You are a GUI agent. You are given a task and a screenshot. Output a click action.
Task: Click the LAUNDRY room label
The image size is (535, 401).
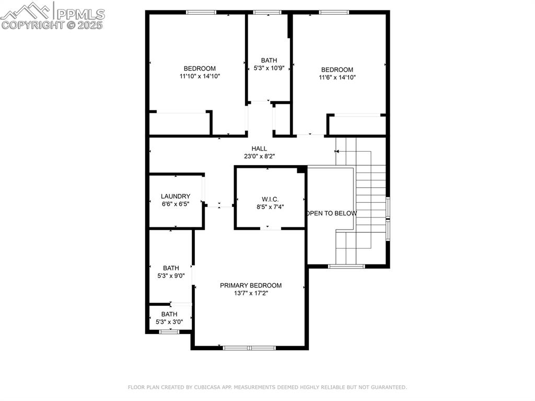[x=176, y=197]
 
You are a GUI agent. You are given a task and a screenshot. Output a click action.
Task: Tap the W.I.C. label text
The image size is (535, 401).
[x=270, y=199]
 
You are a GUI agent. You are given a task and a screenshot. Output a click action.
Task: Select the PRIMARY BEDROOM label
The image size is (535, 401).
[x=250, y=285]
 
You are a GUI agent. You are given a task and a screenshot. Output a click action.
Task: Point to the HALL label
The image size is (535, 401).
[x=259, y=149]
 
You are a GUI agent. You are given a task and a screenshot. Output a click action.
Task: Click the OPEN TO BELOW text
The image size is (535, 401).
[x=332, y=213]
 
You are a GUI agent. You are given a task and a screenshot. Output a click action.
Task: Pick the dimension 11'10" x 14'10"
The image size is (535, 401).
[x=200, y=76]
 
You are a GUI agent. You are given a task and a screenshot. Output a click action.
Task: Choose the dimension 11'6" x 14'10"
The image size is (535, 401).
[x=337, y=77]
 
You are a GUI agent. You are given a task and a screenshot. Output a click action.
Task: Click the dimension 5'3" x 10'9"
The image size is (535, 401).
[x=269, y=68]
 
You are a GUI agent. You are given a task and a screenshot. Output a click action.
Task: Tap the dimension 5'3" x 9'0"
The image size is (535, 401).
[x=171, y=276]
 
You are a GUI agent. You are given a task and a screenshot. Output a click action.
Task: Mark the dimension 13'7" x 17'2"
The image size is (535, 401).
[x=250, y=293]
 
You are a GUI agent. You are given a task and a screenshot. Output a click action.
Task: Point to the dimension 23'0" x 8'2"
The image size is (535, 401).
[x=259, y=156]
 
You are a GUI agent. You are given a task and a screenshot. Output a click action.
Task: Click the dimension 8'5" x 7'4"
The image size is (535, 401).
[x=270, y=207]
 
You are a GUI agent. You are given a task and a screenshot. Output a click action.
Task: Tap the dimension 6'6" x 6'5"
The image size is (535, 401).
[x=176, y=204]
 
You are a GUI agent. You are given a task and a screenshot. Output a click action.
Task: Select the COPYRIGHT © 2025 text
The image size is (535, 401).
[x=52, y=25]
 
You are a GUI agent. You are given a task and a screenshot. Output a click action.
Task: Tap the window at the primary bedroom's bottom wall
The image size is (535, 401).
[x=249, y=348]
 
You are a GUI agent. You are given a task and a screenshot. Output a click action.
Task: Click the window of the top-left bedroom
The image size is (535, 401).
[x=201, y=12]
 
